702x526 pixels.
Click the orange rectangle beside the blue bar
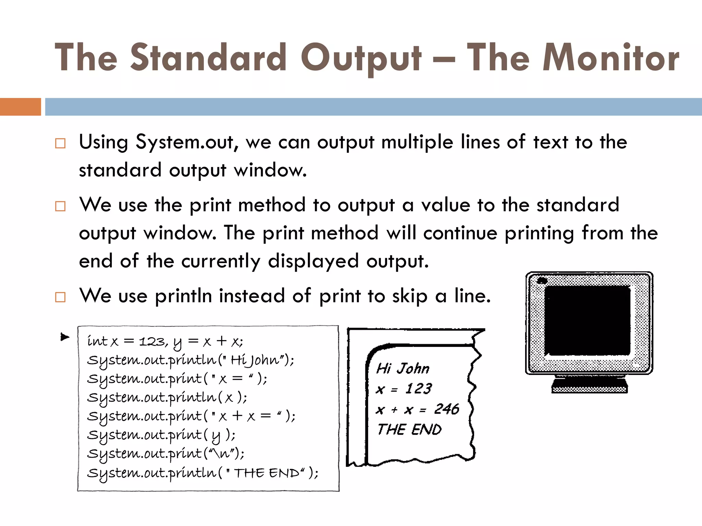tap(20, 107)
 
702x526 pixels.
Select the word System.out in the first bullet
tap(184, 142)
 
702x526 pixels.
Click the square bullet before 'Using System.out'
tap(60, 143)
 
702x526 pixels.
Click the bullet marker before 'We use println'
tap(60, 297)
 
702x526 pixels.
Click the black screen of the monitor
tap(587, 321)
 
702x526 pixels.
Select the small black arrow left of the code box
tap(64, 337)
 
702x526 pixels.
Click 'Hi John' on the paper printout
tap(403, 368)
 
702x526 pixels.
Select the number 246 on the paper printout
tap(446, 409)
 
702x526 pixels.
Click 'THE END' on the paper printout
tap(409, 429)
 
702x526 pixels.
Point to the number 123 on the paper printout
tap(419, 389)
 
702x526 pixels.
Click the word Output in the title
tap(361, 58)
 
